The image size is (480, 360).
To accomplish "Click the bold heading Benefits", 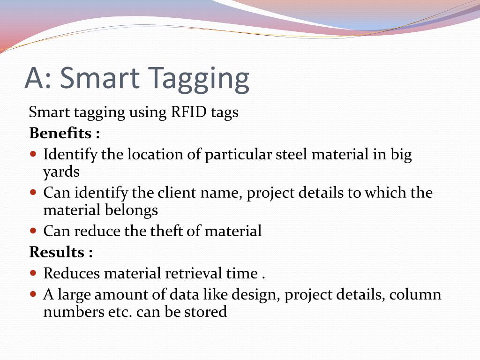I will pos(60,133).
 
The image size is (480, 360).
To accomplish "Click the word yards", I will pos(61,172).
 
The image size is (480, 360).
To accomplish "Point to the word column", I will pos(416,295).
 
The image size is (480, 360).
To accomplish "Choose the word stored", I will pos(206,312).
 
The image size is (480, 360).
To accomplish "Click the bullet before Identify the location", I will pos(33,154).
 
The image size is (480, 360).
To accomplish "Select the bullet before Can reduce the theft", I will pos(33,231).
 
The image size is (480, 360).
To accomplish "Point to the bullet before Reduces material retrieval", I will pos(33,273).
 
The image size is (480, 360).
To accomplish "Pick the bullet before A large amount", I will pos(33,294).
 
